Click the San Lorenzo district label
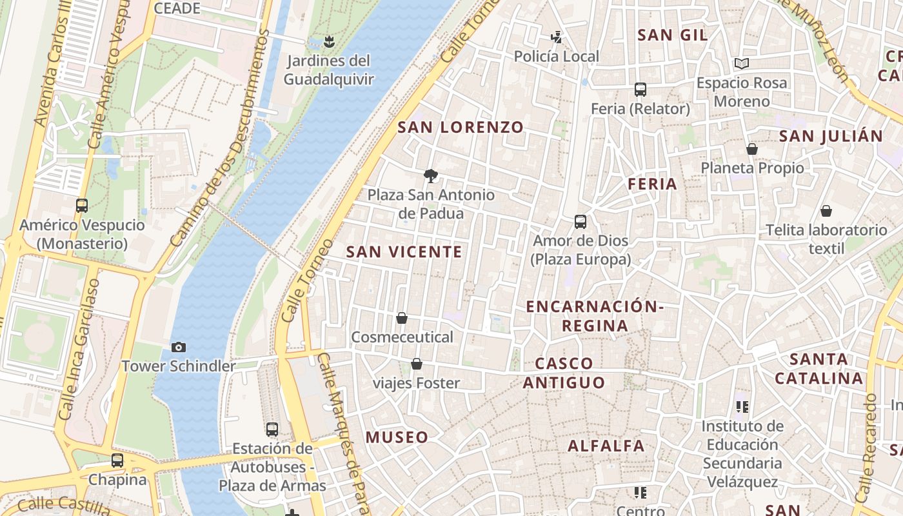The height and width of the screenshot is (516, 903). (x=460, y=127)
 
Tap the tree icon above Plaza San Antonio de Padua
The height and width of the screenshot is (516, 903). (x=430, y=175)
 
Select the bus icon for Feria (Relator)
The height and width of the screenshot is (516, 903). (x=640, y=90)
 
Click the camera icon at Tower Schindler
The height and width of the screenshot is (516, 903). (x=179, y=347)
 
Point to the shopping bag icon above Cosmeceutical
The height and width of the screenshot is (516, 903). (x=402, y=318)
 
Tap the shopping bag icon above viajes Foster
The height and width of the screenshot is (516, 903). (x=417, y=364)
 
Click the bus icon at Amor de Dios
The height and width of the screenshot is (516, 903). (x=580, y=222)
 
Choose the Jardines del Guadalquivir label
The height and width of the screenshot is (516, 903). (x=329, y=70)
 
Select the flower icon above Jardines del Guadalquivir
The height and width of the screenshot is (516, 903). (x=329, y=42)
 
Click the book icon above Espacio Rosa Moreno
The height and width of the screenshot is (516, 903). (x=742, y=63)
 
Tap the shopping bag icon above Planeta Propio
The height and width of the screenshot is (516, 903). (x=751, y=149)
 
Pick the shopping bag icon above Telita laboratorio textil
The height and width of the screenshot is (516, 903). (x=826, y=211)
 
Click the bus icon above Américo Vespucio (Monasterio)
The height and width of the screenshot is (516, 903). (x=82, y=206)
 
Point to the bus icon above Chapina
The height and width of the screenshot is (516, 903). (x=117, y=461)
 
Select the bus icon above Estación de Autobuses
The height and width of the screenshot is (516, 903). (x=272, y=429)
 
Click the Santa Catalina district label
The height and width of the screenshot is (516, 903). (x=819, y=368)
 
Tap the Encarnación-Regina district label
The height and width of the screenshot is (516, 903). (x=594, y=315)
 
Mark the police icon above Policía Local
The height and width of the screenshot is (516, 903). (x=556, y=37)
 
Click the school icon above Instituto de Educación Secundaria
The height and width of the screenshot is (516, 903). (x=742, y=406)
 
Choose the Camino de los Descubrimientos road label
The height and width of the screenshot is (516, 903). (x=220, y=137)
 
